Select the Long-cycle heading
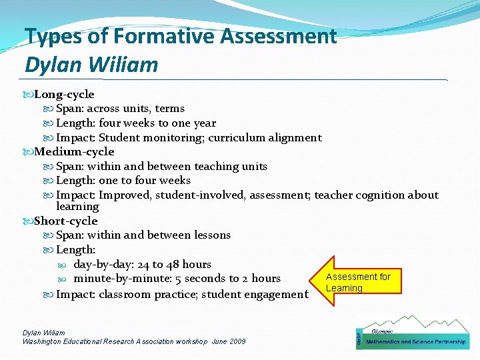tap(64, 95)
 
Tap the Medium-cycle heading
tap(74, 152)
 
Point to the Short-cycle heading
tap(66, 221)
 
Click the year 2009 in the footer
tap(238, 341)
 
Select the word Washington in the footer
tap(45, 341)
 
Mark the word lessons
tap(210, 235)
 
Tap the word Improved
tap(125, 195)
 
